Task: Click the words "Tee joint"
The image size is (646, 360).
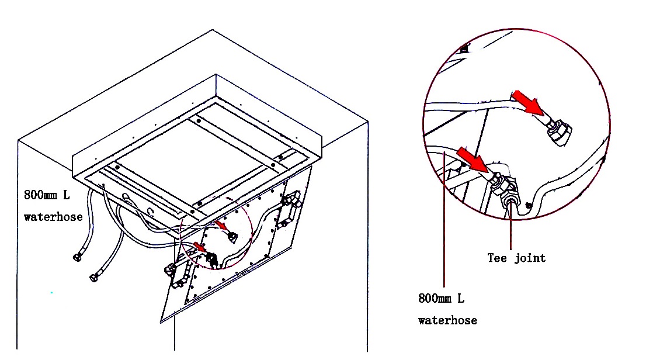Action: pyautogui.click(x=516, y=258)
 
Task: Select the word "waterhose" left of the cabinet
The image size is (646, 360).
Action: pyautogui.click(x=53, y=217)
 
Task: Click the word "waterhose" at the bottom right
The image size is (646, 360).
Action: pyautogui.click(x=447, y=320)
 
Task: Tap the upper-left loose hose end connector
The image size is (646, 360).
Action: pyautogui.click(x=77, y=257)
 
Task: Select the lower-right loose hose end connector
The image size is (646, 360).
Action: pyautogui.click(x=94, y=276)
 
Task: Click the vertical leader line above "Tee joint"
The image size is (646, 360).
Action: pyautogui.click(x=512, y=228)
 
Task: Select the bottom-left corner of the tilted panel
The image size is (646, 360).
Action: pyautogui.click(x=161, y=322)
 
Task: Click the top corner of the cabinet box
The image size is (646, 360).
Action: pyautogui.click(x=213, y=29)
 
